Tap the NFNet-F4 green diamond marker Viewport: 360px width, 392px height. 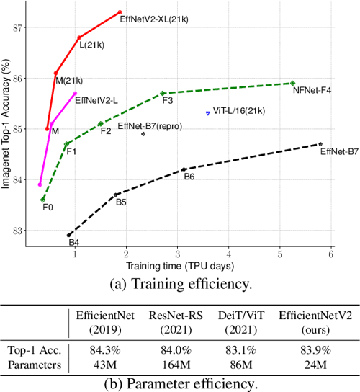[x=293, y=83]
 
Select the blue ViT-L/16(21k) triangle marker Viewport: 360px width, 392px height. [x=208, y=113]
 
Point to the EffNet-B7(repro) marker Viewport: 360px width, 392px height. [x=143, y=134]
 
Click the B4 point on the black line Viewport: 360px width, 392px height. [x=69, y=235]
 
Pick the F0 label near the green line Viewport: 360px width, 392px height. [x=48, y=208]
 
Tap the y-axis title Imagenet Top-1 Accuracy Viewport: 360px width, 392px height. [x=7, y=125]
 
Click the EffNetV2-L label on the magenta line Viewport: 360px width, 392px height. [x=97, y=102]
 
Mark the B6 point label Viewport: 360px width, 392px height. [x=189, y=177]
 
